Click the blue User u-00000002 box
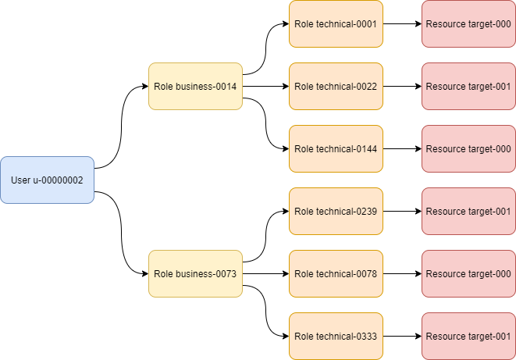[x=47, y=180]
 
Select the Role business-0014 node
[x=195, y=86]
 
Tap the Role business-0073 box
[x=195, y=273]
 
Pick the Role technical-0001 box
[x=336, y=23]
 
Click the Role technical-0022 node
[x=336, y=86]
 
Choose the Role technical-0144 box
[x=336, y=148]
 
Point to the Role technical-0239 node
[x=336, y=211]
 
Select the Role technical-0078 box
[x=336, y=273]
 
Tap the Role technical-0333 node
[x=336, y=336]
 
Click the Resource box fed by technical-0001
[x=468, y=23]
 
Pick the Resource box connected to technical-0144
[x=468, y=148]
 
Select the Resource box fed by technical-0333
[x=468, y=336]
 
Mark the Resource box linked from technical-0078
[x=468, y=273]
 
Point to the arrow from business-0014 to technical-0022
[x=265, y=86]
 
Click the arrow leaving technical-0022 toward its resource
[x=402, y=86]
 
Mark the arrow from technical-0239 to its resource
[x=402, y=211]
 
